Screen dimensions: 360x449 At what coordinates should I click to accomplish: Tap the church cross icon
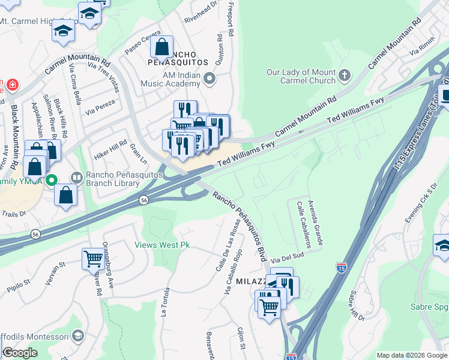coord(344,75)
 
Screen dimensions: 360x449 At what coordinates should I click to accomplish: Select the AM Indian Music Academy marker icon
coord(209,78)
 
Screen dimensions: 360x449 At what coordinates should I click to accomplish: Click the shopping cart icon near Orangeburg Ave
coord(93,259)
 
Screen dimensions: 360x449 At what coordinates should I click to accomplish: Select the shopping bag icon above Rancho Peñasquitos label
coord(161,46)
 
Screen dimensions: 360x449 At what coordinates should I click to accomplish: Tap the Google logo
coord(20,352)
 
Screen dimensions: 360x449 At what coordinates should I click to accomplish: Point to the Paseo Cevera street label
coord(143,42)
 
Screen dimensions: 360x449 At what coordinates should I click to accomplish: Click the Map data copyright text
coord(411,355)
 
